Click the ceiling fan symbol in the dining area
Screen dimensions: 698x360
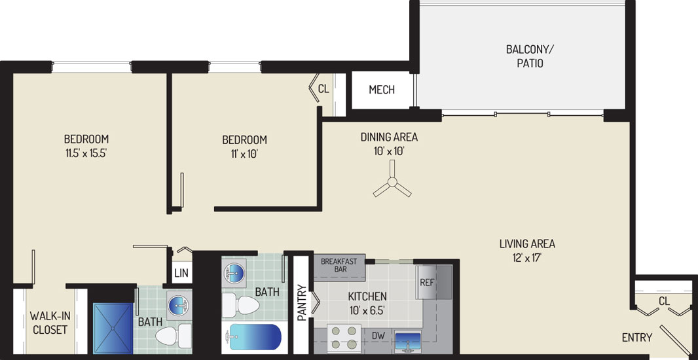(x=392, y=181)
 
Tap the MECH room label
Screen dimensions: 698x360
(x=382, y=90)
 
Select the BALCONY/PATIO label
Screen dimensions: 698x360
(x=530, y=56)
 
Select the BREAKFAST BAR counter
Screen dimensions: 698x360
(x=339, y=267)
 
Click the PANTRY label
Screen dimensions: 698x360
(x=301, y=302)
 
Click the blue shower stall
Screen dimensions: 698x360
(x=113, y=329)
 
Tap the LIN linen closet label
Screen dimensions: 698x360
(x=181, y=273)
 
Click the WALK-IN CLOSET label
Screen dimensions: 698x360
(x=48, y=323)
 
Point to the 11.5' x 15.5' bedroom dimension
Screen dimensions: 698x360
(x=86, y=154)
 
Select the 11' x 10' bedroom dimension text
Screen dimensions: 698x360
(x=244, y=154)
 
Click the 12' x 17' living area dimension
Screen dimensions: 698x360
(x=526, y=258)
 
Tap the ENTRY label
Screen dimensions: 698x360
(x=637, y=338)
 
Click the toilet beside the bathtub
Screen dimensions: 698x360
(x=241, y=305)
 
